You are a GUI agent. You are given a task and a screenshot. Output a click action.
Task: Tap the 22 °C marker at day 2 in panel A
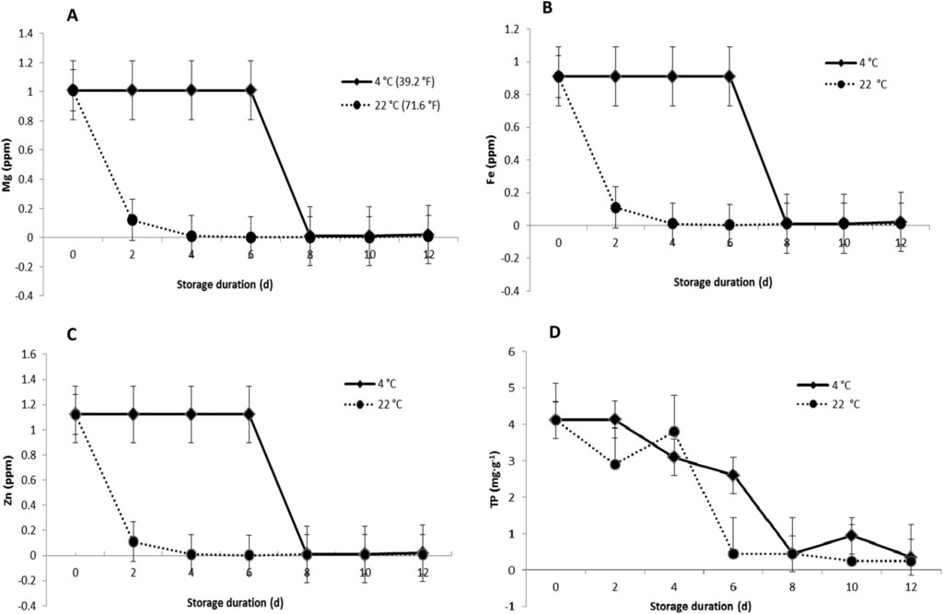133,220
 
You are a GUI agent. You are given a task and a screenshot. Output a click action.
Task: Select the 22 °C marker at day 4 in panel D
674,432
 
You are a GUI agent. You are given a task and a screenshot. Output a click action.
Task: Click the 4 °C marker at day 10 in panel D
852,535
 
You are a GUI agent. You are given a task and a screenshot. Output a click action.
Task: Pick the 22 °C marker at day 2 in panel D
614,464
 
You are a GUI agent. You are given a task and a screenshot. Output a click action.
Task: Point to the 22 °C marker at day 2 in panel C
133,541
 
